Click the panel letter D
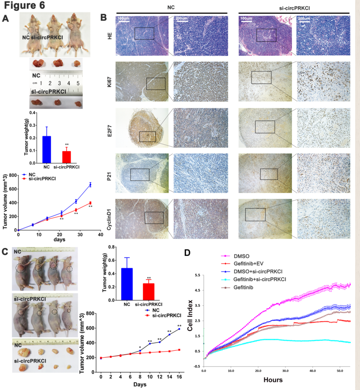[187, 252]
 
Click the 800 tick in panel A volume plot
[12, 175]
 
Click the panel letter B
[104, 18]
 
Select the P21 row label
[108, 172]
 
